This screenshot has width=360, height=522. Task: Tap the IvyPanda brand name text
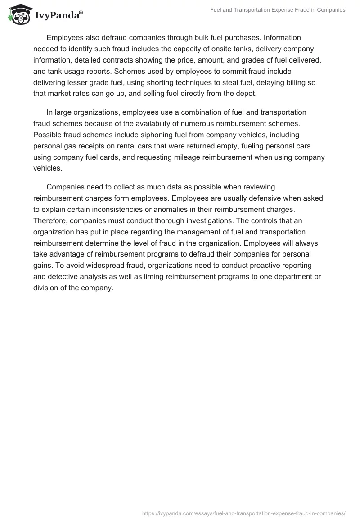pyautogui.click(x=58, y=16)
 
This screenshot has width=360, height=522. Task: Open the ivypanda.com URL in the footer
pyautogui.click(x=244, y=513)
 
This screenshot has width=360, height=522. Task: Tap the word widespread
pyautogui.click(x=93, y=265)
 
